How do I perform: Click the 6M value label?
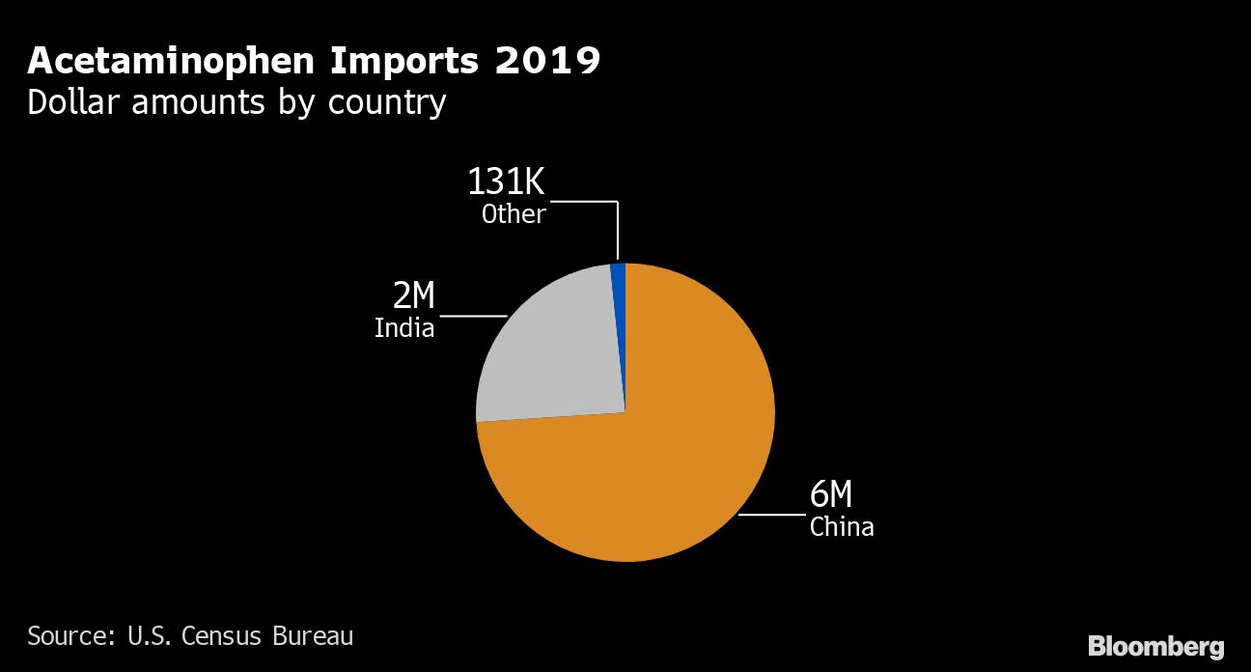click(831, 495)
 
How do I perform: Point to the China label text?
click(842, 527)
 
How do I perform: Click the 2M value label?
click(413, 296)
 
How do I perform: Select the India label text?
click(404, 328)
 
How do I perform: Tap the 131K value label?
click(506, 182)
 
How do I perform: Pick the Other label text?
click(514, 213)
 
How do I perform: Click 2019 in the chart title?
click(548, 61)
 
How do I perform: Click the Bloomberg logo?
click(1155, 646)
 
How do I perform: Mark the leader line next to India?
click(473, 316)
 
